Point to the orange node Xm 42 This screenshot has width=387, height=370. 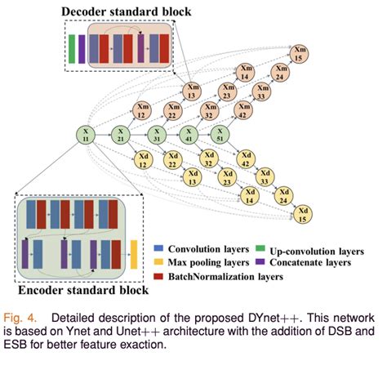243,111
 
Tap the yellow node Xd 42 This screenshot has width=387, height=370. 243,159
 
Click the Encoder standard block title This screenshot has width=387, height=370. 83,289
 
